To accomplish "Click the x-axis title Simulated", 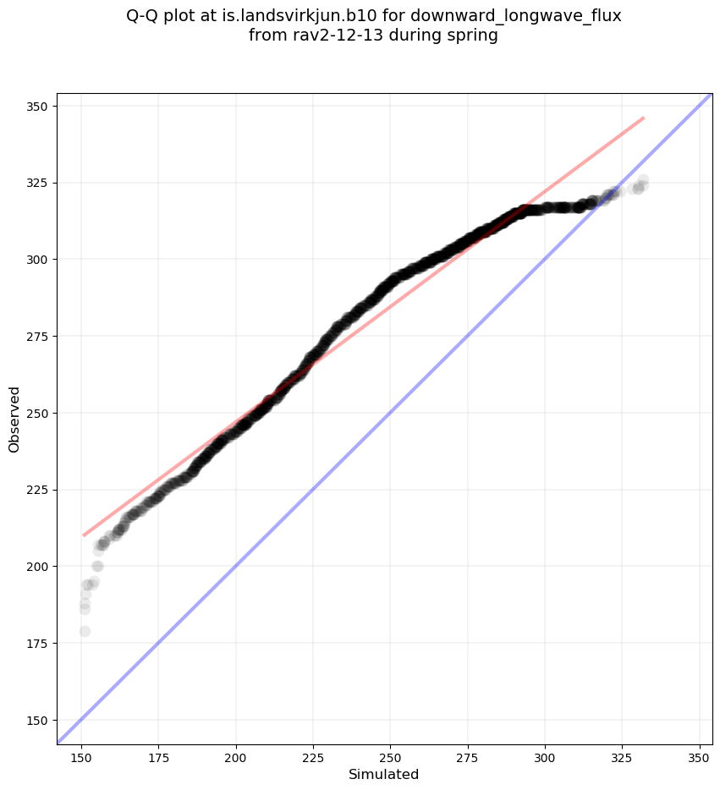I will coord(384,774).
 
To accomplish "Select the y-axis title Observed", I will coord(14,420).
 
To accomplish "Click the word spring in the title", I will coord(474,36).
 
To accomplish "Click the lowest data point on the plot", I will coord(85,631).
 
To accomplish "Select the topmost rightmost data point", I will coord(643,180).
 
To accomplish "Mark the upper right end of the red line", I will coord(644,118).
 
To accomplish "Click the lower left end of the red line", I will coord(83,535).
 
